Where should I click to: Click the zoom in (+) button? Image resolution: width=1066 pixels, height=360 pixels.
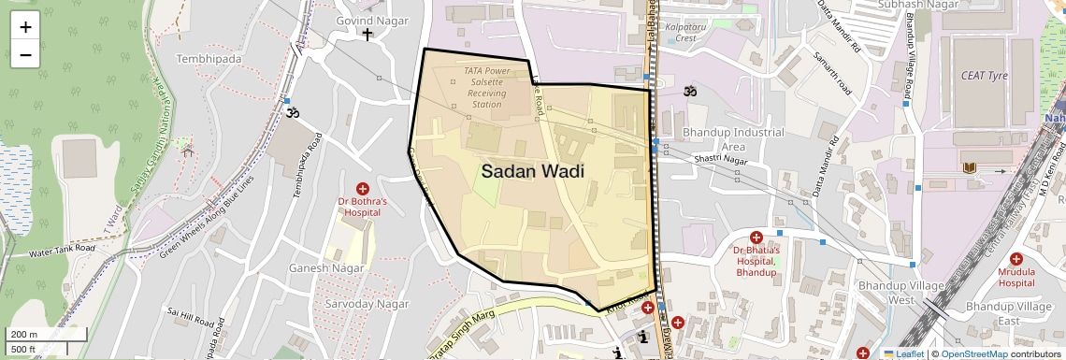tap(25, 26)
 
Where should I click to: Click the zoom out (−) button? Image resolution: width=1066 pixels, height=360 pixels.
tap(25, 54)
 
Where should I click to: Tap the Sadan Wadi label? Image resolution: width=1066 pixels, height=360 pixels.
tap(532, 171)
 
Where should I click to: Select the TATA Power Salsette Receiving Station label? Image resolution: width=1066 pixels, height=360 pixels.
tap(486, 87)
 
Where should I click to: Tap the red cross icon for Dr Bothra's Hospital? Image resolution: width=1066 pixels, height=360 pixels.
tap(363, 189)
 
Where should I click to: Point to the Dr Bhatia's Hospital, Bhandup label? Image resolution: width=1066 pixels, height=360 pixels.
tap(756, 261)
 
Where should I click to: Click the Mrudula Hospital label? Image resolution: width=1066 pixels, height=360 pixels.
tap(1016, 277)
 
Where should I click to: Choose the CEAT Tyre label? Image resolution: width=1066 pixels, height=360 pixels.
tap(983, 74)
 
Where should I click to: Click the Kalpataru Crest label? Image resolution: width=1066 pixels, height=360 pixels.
tap(681, 33)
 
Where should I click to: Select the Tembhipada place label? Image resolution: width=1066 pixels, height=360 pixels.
tap(209, 59)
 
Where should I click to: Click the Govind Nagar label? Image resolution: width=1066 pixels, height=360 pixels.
tap(367, 20)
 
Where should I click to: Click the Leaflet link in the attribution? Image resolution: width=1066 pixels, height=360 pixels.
tap(903, 353)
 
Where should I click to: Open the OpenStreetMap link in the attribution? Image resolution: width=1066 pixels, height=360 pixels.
tap(973, 353)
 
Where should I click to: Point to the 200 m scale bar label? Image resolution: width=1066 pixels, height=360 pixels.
tap(23, 335)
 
